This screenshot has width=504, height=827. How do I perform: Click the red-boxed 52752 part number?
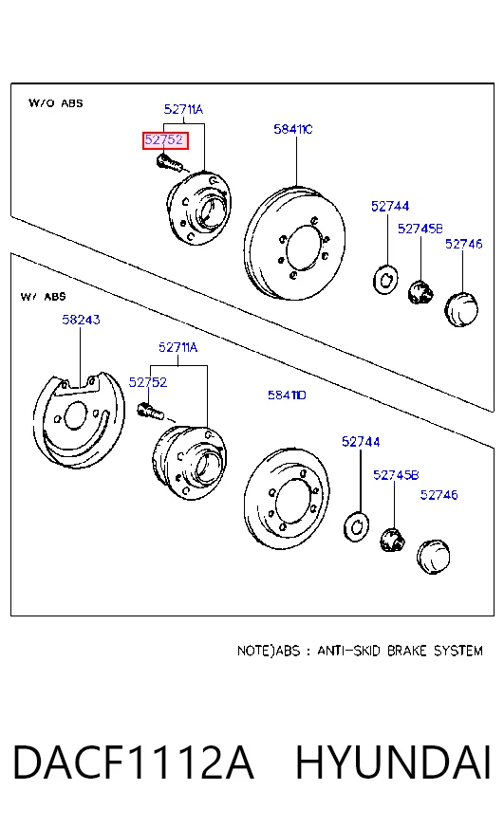click(164, 139)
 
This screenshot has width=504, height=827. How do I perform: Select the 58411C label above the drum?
click(293, 129)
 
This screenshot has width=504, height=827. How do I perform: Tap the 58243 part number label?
click(81, 320)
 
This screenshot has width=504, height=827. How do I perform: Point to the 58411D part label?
click(287, 395)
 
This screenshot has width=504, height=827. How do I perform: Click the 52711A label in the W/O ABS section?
click(183, 109)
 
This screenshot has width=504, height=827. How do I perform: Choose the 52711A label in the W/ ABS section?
click(177, 347)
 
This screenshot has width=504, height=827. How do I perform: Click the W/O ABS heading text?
click(56, 102)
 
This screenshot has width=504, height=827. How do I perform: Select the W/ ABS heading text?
click(44, 297)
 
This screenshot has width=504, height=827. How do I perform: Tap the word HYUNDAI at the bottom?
click(393, 763)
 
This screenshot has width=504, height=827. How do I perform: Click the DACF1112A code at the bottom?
click(133, 763)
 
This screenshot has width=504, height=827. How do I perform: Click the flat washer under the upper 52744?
click(385, 280)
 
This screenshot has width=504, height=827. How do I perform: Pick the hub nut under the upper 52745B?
click(420, 292)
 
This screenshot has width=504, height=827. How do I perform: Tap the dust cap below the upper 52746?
click(461, 308)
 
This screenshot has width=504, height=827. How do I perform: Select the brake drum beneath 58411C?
click(294, 243)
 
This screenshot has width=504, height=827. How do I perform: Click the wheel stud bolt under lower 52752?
click(151, 411)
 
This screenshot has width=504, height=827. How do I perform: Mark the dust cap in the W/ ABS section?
click(433, 557)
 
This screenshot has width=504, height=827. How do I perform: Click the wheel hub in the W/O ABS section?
click(199, 208)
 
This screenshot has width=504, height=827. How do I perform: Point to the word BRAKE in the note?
click(406, 651)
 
